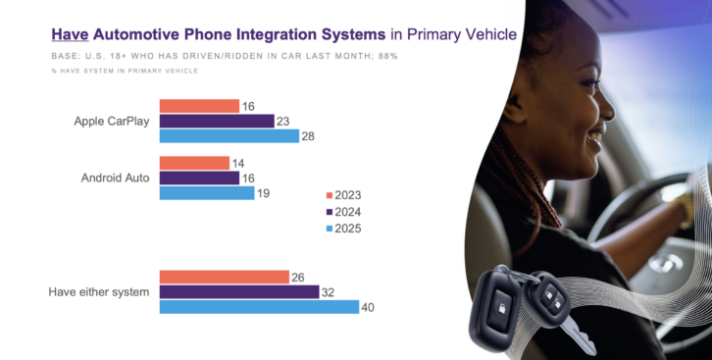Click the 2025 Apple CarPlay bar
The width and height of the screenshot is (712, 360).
(229, 136)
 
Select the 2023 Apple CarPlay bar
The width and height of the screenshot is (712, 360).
(199, 106)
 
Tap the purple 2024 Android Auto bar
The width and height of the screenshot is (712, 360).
(199, 178)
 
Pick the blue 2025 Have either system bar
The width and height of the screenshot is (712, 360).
(259, 307)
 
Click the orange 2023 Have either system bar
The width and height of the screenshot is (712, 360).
(225, 277)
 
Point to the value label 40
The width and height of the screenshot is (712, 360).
(368, 308)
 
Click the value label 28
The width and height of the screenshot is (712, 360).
(308, 136)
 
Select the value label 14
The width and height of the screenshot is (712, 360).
(238, 164)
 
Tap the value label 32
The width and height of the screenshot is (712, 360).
(328, 292)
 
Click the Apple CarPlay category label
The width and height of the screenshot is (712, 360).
(112, 122)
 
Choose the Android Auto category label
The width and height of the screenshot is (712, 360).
(116, 178)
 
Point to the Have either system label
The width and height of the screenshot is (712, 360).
(99, 292)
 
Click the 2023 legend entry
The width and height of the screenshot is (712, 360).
(343, 195)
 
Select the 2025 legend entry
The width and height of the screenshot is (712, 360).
(343, 229)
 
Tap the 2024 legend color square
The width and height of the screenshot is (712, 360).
(330, 212)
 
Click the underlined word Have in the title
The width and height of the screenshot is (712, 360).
(70, 34)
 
